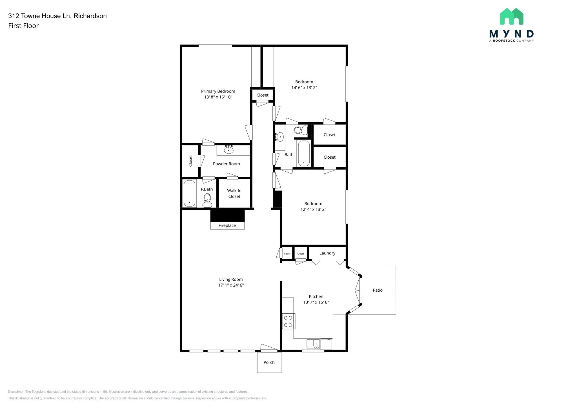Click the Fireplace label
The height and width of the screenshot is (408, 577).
[x=227, y=225]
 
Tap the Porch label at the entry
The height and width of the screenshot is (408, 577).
[x=269, y=362]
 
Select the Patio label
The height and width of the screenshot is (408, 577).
[x=378, y=290]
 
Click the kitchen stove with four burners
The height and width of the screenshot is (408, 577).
[x=288, y=321]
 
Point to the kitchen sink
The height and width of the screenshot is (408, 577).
[x=313, y=344]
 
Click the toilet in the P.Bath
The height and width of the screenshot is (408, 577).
[x=207, y=199]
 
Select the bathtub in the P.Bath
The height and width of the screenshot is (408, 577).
[x=189, y=193]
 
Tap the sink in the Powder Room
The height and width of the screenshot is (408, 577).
[x=228, y=150]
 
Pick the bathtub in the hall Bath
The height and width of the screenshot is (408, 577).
[x=304, y=154]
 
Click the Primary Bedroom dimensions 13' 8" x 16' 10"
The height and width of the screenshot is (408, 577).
[x=218, y=97]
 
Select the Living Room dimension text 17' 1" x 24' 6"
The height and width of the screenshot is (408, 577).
[x=231, y=285]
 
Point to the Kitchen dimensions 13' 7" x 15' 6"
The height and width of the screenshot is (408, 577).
[x=316, y=302]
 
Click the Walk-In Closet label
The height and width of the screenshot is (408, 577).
[x=234, y=194]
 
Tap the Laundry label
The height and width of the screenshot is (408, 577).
[x=327, y=253]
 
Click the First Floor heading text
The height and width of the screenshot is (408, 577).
[x=23, y=26]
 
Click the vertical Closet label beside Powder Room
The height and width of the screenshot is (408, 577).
[x=190, y=161]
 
